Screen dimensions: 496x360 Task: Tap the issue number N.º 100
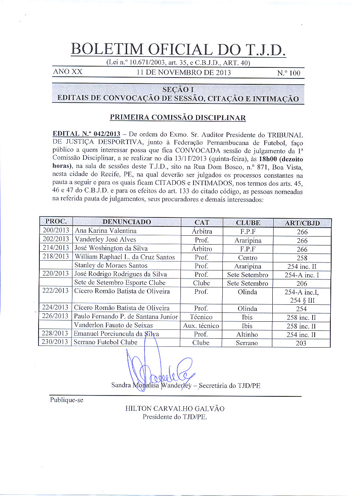point(288,73)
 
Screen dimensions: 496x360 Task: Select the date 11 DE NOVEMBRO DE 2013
point(183,72)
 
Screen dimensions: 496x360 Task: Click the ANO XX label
point(67,72)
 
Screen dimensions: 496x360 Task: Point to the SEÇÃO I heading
point(177,89)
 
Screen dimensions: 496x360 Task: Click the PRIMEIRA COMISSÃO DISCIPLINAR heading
point(178,117)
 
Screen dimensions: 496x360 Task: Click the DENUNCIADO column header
point(127,223)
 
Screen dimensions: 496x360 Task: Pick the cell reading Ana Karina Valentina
point(105,231)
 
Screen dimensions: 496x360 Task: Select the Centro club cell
point(248,258)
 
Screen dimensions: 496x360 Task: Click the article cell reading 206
point(302,283)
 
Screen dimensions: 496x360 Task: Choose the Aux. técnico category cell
point(201,326)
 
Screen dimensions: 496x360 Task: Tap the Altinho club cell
point(248,334)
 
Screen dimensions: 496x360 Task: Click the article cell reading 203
point(302,343)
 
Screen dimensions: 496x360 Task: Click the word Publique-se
point(66,400)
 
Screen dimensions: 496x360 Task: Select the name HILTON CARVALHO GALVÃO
point(175,409)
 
